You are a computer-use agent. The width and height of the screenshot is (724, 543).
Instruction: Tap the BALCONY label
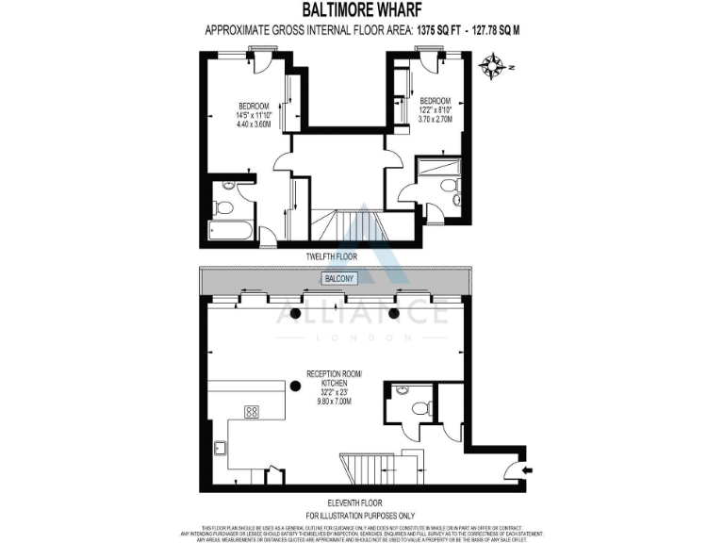[338, 279]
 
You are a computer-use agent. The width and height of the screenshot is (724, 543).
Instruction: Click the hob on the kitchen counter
[252, 411]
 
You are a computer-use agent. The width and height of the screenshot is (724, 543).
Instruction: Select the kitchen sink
[220, 449]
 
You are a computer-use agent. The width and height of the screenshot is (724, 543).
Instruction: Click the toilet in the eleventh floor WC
[420, 408]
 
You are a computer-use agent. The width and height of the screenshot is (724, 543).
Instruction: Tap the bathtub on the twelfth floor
[230, 230]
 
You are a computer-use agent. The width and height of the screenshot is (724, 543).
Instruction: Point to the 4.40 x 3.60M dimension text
[254, 123]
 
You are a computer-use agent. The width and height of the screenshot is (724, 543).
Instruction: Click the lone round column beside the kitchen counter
[296, 384]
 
